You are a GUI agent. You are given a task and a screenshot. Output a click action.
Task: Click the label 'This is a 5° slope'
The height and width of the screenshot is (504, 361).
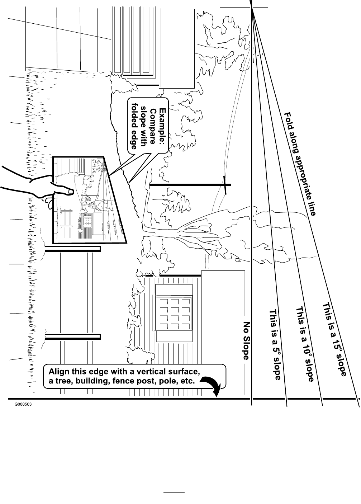tap(275, 344)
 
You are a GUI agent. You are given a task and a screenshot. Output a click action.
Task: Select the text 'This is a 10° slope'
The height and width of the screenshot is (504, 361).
tap(304, 344)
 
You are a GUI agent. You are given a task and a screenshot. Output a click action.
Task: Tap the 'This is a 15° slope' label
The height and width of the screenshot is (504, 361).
tap(335, 339)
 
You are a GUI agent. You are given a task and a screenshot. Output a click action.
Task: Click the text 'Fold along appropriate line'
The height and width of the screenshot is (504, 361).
tap(300, 164)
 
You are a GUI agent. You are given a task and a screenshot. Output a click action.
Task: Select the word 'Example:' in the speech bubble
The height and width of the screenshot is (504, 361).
tap(163, 127)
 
